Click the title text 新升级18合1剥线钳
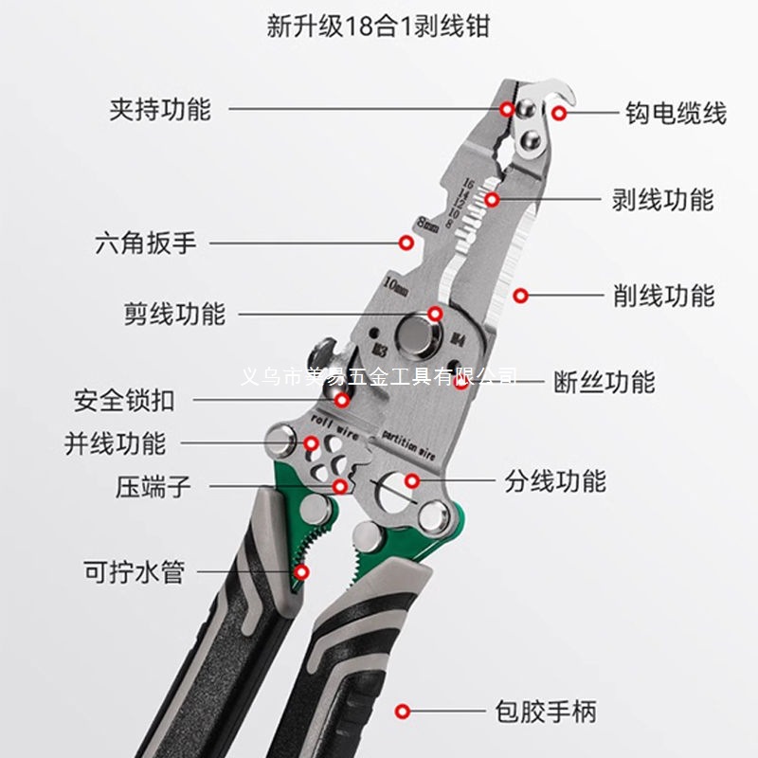pos(378,27)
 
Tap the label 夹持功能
pos(160,109)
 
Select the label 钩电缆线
pos(676,114)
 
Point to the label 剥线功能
pos(662,200)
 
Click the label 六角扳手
pos(146,243)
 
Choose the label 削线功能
pos(663,296)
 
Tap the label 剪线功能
pos(174,314)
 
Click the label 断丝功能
pos(604,382)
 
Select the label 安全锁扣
pos(124,401)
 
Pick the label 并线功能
pos(115,442)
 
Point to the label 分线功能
pos(555,480)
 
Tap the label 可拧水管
pos(134,572)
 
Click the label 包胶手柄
pos(546,711)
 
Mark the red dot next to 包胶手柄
pos(403,711)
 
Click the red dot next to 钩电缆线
pos(560,114)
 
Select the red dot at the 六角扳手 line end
pos(405,243)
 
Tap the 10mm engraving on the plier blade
pos(395,281)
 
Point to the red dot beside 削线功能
pos(520,296)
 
